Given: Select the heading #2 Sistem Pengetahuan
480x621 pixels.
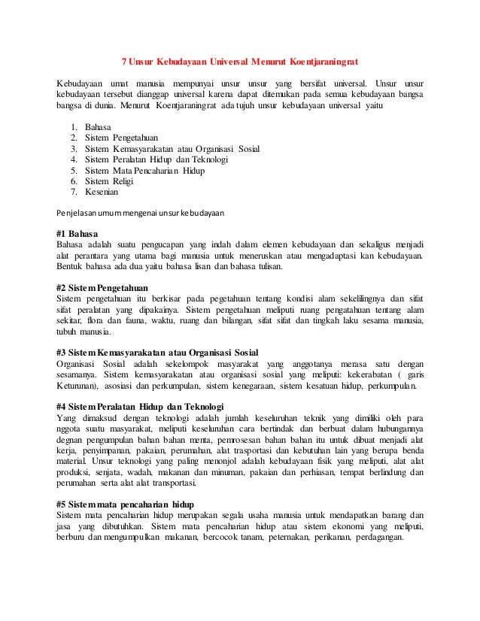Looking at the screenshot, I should coord(102,288).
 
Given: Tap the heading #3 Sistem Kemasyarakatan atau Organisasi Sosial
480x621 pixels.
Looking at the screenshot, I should coord(157,353).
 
